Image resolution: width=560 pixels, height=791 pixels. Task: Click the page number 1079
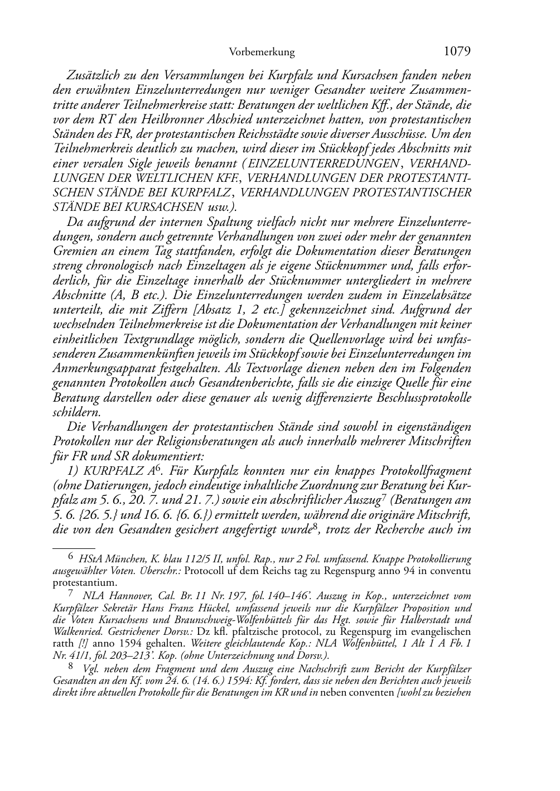(457, 52)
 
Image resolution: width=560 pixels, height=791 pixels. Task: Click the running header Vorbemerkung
(262, 52)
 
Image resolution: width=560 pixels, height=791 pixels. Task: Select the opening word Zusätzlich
(91, 75)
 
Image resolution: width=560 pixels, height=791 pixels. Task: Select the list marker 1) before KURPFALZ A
(74, 471)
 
